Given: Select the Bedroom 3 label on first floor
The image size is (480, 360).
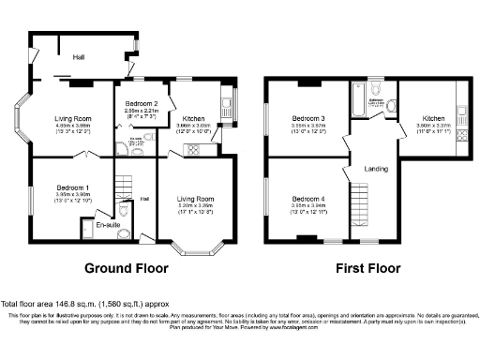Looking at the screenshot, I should point(307,117).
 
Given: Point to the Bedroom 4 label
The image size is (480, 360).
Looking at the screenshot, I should point(307,199).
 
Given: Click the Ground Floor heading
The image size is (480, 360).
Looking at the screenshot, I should point(127,267).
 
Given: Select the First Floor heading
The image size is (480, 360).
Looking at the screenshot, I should point(367,267).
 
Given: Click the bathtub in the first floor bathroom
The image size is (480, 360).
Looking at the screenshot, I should point(361,100).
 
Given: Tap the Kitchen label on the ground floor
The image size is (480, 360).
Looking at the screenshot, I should point(194,118).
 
